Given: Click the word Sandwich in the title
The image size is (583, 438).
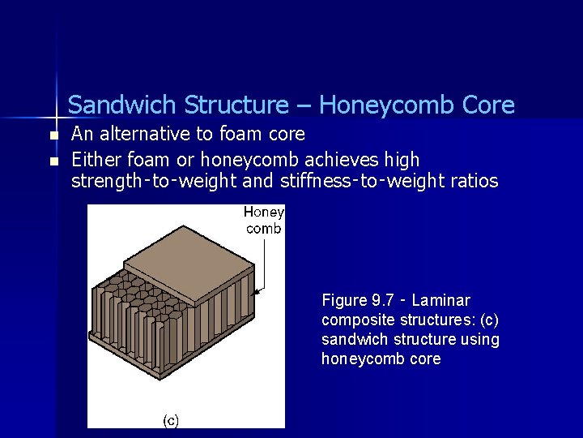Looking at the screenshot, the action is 121,105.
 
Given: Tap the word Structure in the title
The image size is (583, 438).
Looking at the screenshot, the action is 236,105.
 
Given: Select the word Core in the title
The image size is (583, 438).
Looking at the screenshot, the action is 488,105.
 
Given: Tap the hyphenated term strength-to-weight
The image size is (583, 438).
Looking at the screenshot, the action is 155,180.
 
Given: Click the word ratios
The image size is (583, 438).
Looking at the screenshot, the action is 469,180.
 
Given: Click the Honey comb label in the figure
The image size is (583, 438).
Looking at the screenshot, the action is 264,220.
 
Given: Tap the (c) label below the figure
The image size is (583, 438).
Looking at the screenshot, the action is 171,419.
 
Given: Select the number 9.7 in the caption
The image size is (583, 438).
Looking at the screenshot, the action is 382,300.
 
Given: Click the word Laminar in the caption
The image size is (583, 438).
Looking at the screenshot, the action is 440,300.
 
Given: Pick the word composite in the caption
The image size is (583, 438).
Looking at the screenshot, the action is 353,320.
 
